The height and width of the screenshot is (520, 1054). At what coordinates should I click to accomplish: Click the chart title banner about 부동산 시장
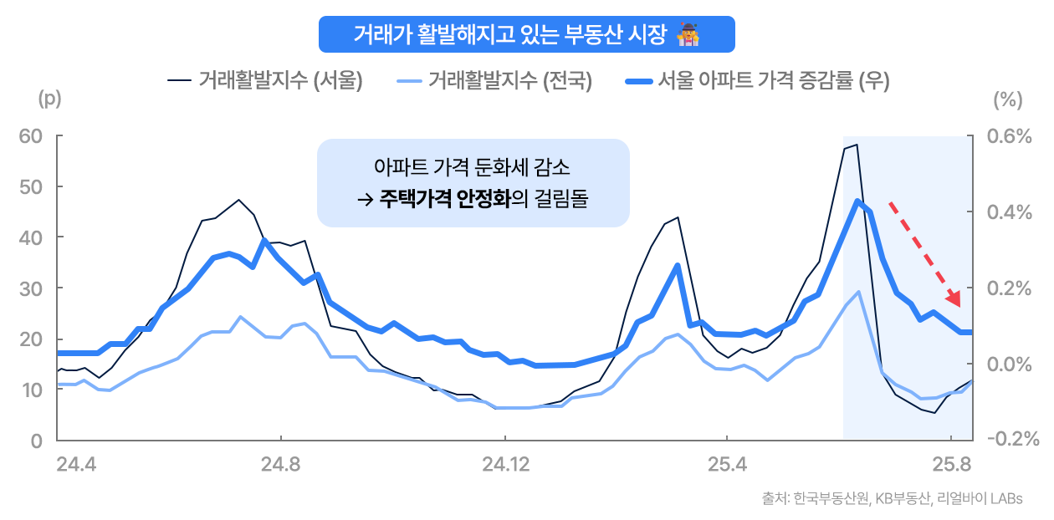[x=526, y=34]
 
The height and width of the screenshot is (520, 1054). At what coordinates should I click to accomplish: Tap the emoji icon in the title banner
[x=688, y=34]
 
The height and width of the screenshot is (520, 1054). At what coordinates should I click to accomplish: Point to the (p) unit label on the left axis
[x=50, y=99]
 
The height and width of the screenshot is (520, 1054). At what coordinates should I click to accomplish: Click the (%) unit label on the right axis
[x=1007, y=99]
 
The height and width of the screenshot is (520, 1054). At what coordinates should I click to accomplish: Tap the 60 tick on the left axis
[x=31, y=135]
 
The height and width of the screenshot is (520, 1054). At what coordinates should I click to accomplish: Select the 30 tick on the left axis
[x=31, y=288]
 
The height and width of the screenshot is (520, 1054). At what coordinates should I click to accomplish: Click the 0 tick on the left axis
[x=36, y=440]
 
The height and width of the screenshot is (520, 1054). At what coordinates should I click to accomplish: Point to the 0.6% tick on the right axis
[x=1009, y=135]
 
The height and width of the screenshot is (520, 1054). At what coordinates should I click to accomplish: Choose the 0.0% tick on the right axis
[x=1009, y=364]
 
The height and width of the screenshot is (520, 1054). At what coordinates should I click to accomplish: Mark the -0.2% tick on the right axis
[x=1012, y=440]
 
